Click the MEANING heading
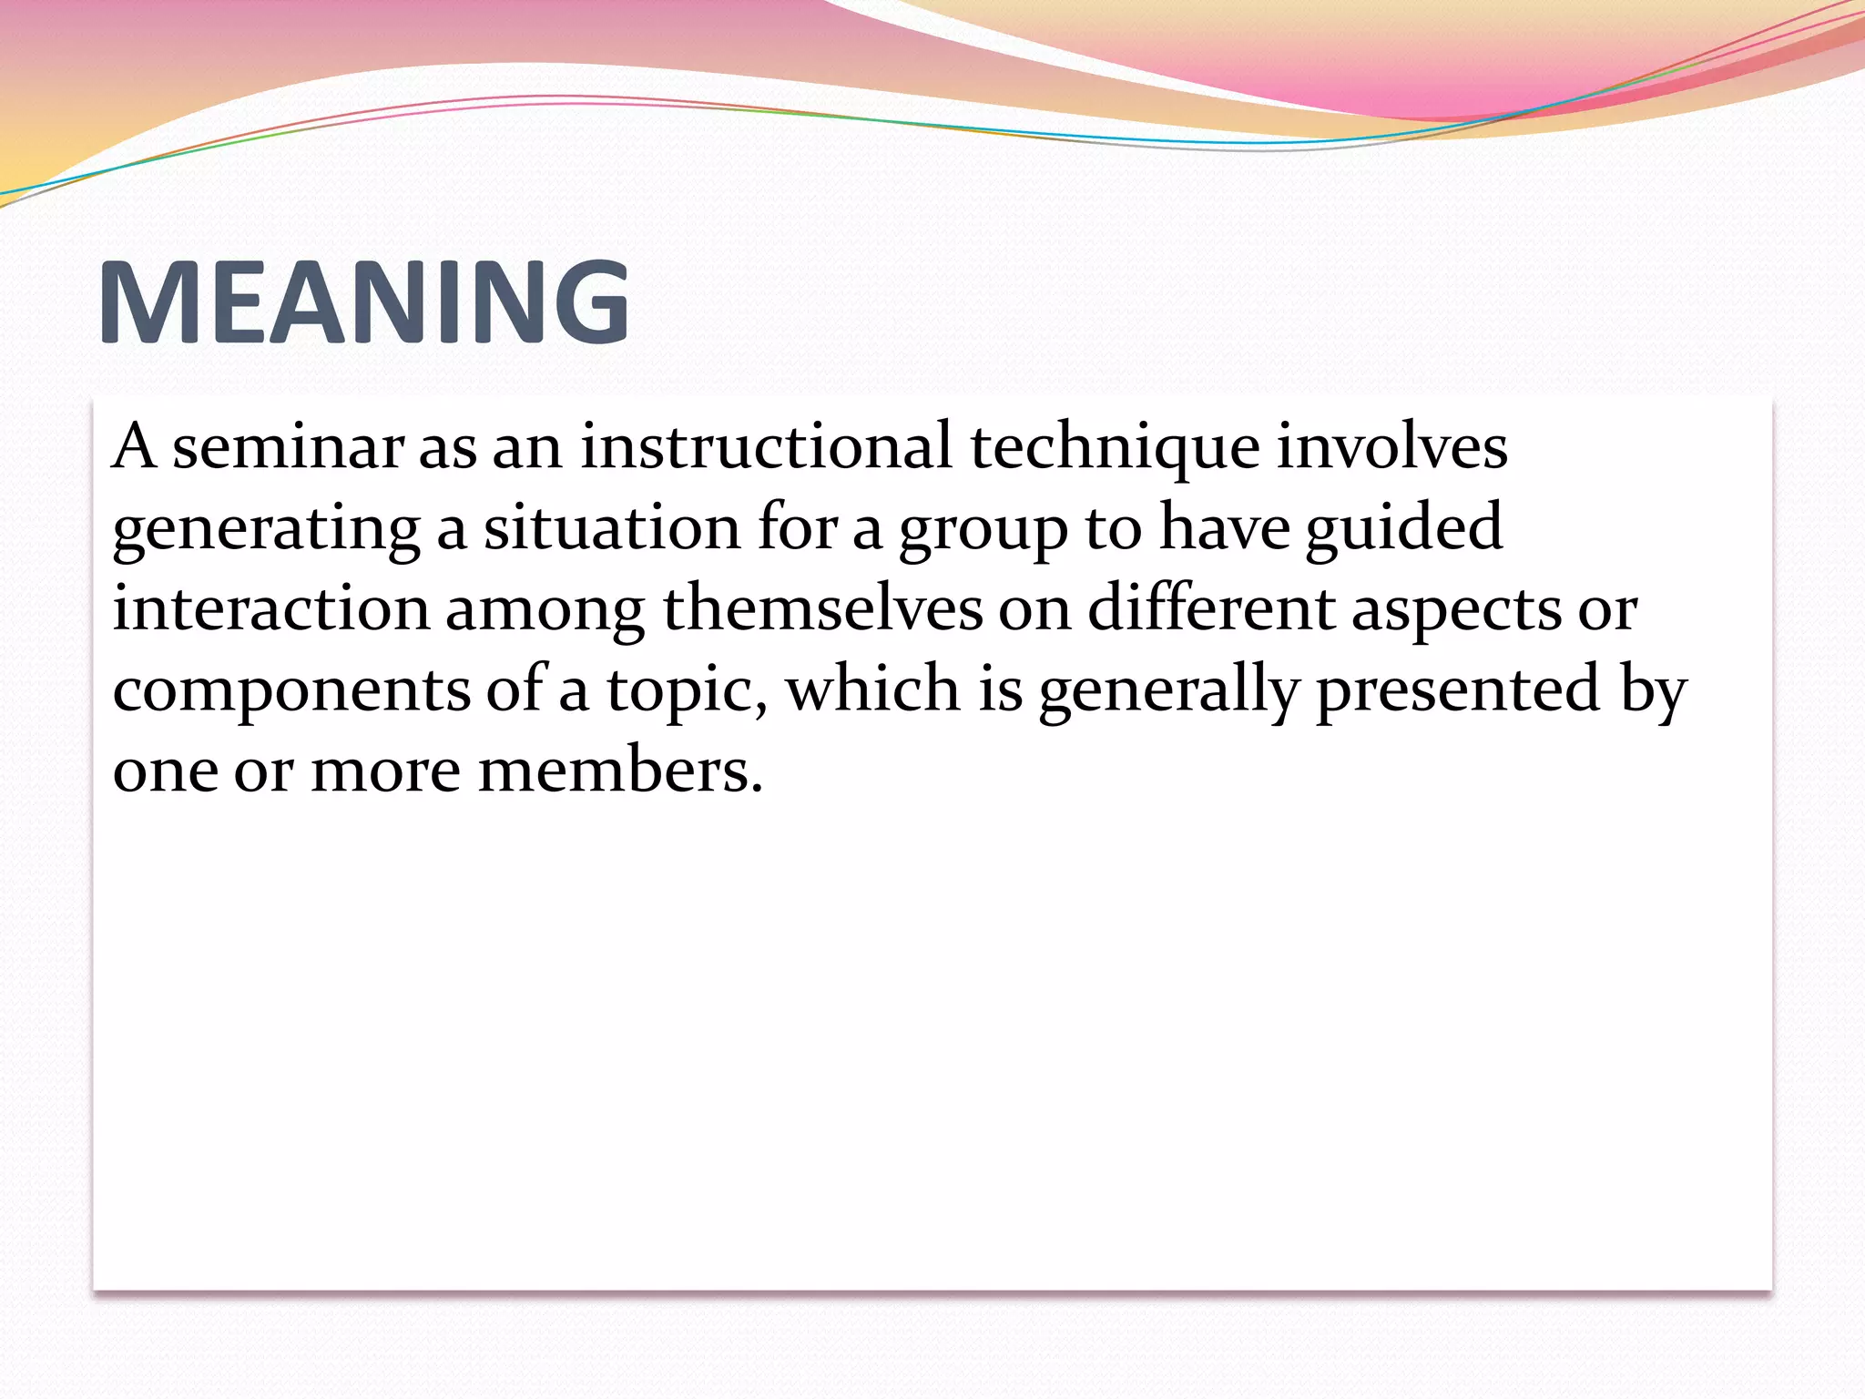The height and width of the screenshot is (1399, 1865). pyautogui.click(x=364, y=301)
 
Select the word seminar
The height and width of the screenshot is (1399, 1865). pyautogui.click(x=288, y=448)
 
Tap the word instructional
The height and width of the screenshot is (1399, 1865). pyautogui.click(x=766, y=448)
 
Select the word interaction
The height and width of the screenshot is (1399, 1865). pyautogui.click(x=270, y=608)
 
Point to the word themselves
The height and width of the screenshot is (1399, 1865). pyautogui.click(x=822, y=608)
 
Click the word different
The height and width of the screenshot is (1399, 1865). pyautogui.click(x=1211, y=608)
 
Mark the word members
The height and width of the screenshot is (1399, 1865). pyautogui.click(x=619, y=771)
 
